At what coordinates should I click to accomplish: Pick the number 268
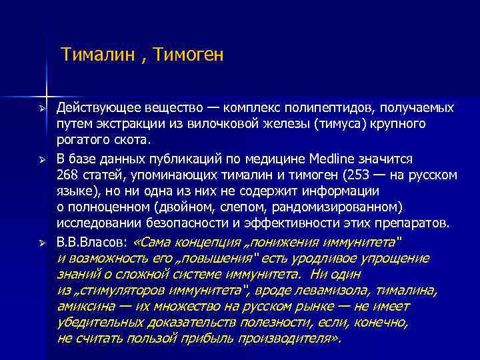(67, 175)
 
